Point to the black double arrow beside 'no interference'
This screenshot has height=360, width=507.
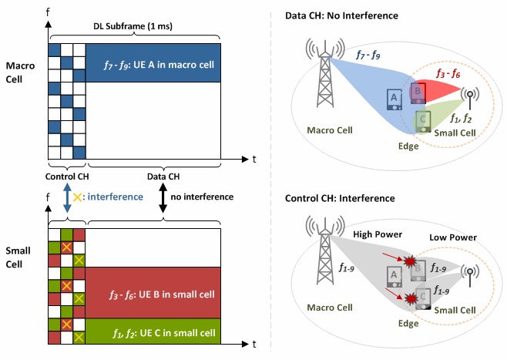[163, 197]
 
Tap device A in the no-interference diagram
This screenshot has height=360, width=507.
[395, 100]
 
